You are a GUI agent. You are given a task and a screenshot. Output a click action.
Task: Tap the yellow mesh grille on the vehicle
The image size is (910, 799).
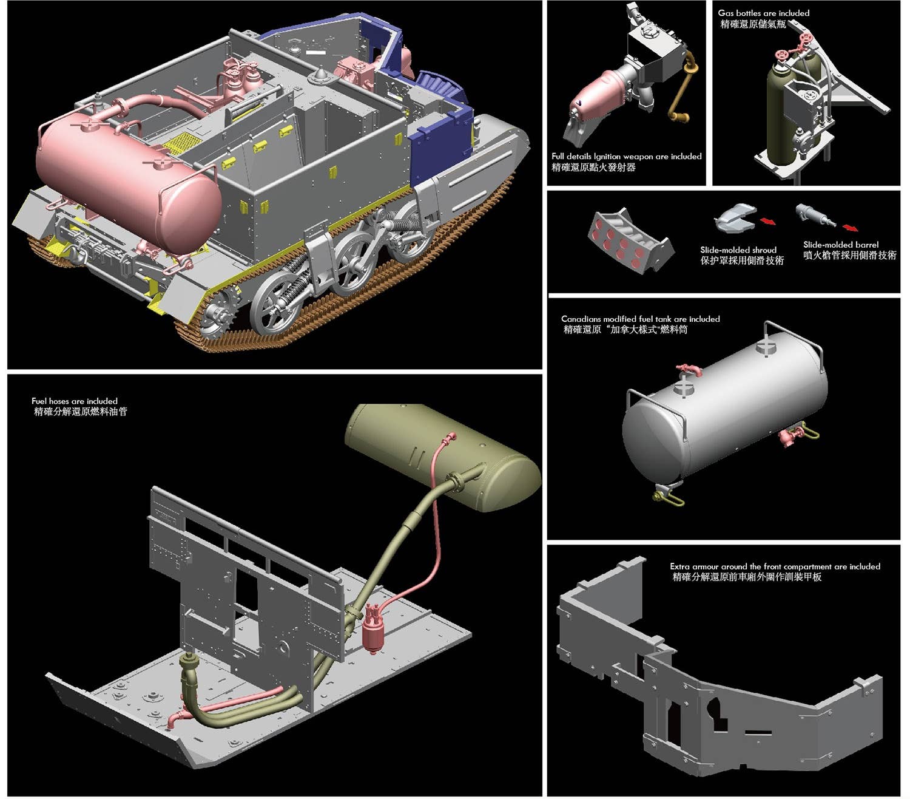pyautogui.click(x=182, y=143)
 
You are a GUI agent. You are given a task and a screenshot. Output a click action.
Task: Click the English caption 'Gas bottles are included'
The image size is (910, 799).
pyautogui.click(x=763, y=13)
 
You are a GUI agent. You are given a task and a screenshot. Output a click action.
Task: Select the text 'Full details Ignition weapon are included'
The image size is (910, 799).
pyautogui.click(x=626, y=157)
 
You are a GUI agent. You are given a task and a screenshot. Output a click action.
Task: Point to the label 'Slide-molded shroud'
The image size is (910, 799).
pyautogui.click(x=738, y=250)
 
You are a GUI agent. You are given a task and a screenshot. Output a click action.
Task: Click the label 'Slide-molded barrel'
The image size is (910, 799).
pyautogui.click(x=840, y=245)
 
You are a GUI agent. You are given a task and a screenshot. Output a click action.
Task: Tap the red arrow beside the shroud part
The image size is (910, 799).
pyautogui.click(x=767, y=221)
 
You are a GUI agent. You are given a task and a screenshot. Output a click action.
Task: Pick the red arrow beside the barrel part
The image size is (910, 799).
pyautogui.click(x=850, y=228)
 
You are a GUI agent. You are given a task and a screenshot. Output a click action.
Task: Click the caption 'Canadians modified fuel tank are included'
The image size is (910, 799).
pyautogui.click(x=640, y=319)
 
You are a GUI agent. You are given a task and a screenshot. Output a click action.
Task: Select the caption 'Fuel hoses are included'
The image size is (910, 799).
pyautogui.click(x=75, y=401)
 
